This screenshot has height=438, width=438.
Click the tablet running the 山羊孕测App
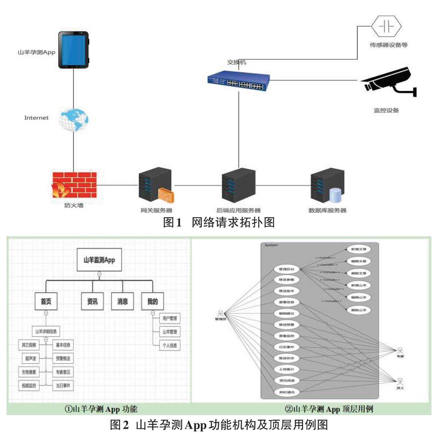[74, 50]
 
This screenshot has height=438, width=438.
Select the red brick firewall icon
[74, 185]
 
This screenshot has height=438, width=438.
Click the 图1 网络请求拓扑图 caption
[219, 222]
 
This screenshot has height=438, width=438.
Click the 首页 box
[46, 302]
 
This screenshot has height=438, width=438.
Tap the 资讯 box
[92, 302]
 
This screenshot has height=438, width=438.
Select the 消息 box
[123, 302]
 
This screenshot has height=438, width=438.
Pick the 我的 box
[153, 302]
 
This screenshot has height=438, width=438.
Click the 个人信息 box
[170, 346]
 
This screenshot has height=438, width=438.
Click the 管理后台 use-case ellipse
[287, 269]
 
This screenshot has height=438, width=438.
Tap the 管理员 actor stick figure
[220, 314]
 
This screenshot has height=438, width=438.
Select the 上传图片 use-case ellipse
[287, 369]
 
